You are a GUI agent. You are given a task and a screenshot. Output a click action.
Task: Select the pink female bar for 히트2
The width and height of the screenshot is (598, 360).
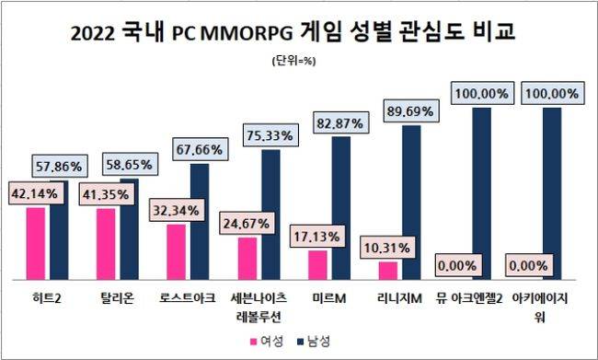pos(36,244)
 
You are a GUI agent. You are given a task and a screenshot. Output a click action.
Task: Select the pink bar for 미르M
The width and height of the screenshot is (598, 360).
pos(316,265)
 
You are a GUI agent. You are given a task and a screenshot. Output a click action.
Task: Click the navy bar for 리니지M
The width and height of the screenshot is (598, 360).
pos(412,203)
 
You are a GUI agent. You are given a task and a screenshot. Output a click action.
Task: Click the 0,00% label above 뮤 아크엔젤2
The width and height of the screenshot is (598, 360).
pos(457,265)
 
